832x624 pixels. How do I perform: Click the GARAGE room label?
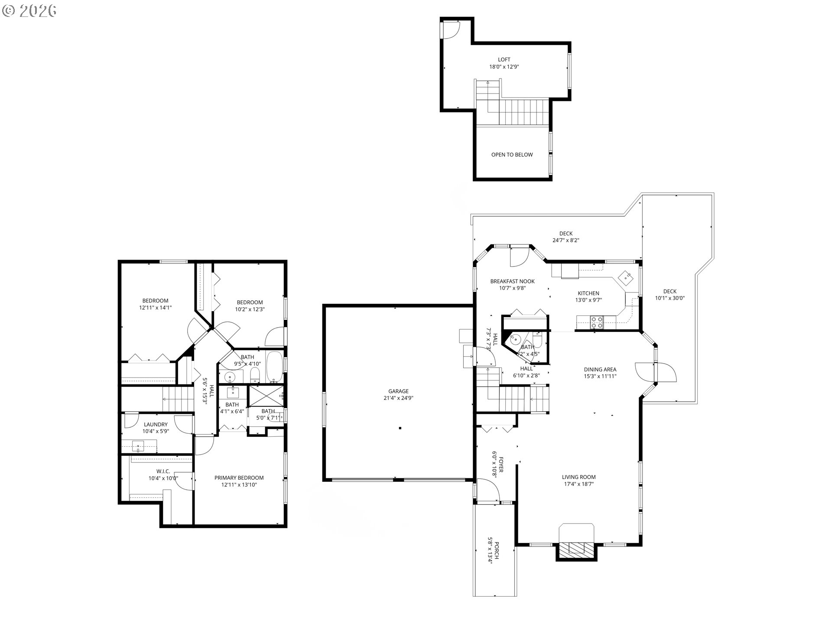coord(398,391)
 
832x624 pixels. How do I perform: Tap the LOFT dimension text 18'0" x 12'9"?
coord(504,67)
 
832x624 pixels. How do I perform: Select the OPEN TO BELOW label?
coord(512,155)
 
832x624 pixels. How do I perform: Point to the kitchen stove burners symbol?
coord(597,322)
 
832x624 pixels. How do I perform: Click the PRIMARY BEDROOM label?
coord(239,478)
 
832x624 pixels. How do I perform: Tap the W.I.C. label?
coord(163,471)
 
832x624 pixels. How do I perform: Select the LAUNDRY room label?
coord(156,425)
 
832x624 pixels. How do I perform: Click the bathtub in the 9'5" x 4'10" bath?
coord(274,367)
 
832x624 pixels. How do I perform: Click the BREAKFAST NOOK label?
coord(512,281)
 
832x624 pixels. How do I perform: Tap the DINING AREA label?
coord(600,370)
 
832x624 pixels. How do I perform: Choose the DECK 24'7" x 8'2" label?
coord(565,234)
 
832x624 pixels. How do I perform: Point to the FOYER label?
coord(501,462)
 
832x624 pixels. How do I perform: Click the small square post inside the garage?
coord(400,428)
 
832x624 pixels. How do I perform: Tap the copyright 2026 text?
coord(29,11)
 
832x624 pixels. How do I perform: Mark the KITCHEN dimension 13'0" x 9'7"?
coord(588,300)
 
